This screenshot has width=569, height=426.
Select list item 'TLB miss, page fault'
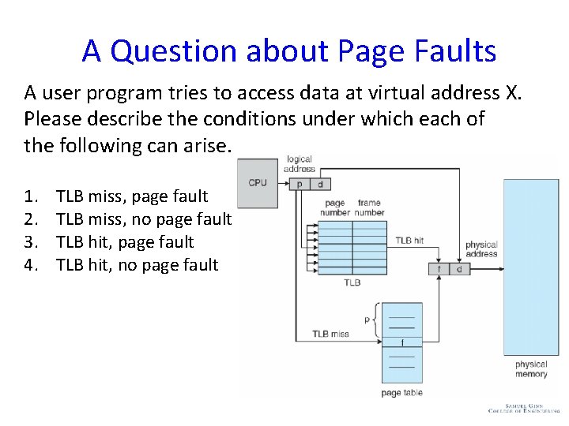pos(132,196)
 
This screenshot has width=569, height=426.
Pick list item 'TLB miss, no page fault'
pos(144,219)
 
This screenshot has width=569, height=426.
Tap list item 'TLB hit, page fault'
pos(125,242)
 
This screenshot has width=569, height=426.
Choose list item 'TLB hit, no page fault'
pos(137,265)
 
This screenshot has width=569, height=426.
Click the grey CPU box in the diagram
pos(258,183)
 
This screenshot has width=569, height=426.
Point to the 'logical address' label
pos(300,164)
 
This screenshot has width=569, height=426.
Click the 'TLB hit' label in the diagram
pos(409,241)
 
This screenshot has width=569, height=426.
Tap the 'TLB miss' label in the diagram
pos(330,334)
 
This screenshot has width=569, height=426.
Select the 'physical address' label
pos(481,249)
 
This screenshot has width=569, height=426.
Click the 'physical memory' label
pos(531,369)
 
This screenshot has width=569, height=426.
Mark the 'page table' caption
pos(401,393)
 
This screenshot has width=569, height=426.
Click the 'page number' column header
pos(336,207)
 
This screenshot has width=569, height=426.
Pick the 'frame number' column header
pos(369,207)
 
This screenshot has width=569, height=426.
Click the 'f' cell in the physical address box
pos(439,269)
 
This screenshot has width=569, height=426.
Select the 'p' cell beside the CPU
pos(299,184)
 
